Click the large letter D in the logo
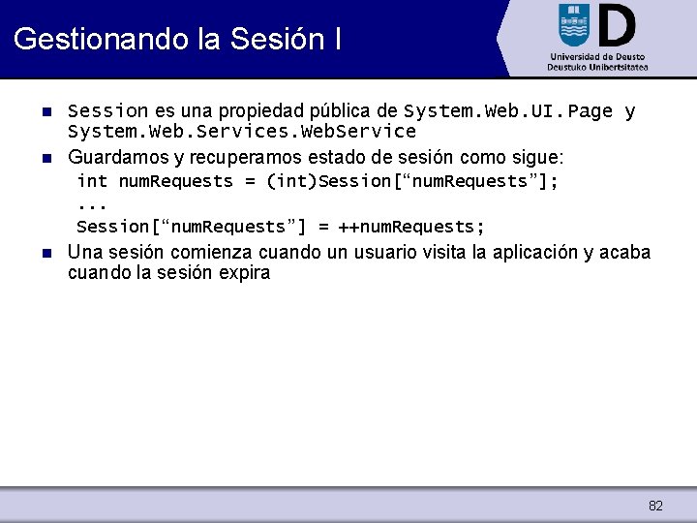617,25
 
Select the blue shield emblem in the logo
573,24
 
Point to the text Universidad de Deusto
596,57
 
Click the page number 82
655,506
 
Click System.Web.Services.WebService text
242,132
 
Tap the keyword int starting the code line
92,181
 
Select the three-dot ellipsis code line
91,204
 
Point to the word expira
244,273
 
